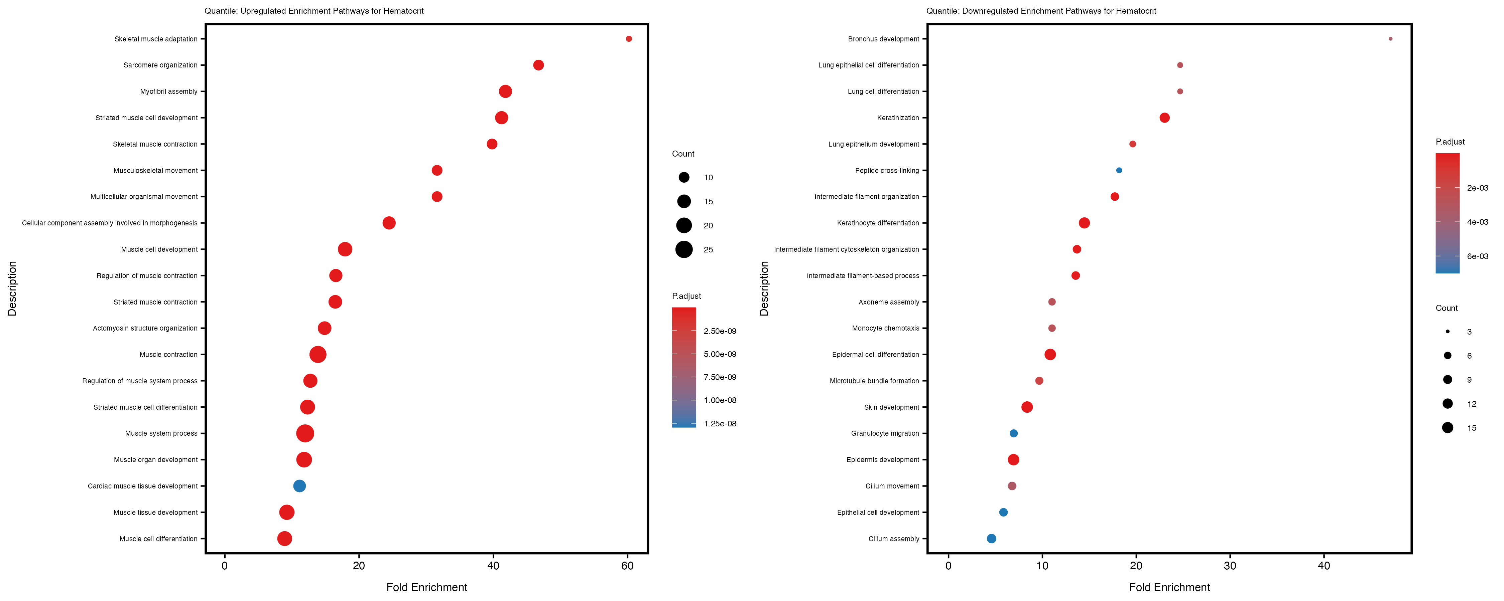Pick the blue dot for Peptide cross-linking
[x=1119, y=170]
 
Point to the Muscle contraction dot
[x=318, y=354]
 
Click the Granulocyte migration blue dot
[x=1014, y=433]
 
